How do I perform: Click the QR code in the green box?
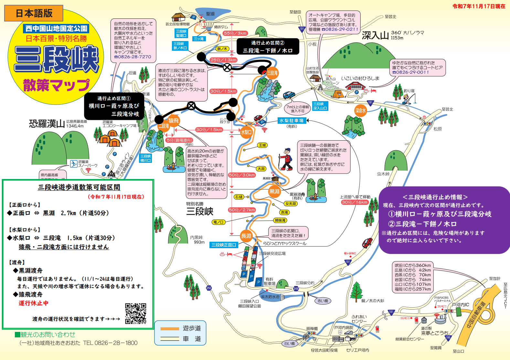pos(135,313)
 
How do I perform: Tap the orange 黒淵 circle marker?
pos(274,191)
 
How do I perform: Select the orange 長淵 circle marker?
pos(246,236)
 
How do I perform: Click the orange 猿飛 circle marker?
pos(174,121)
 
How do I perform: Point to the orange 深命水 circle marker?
pos(360,111)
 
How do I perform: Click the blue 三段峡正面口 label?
pos(224,245)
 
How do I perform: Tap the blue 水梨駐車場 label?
pos(292,121)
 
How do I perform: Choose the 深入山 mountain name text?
pos(375,35)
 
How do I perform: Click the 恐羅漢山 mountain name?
pos(47,124)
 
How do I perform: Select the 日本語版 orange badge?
pos(34,13)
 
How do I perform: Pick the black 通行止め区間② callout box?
pos(268,47)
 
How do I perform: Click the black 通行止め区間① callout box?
pos(114,106)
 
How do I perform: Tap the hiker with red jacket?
pos(286,159)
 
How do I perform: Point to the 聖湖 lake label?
pos(210,14)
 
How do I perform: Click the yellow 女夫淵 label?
pos(290,204)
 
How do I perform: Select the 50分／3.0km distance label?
pos(242,175)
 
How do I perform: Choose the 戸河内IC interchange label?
pos(460,305)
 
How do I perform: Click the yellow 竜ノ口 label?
pos(218,222)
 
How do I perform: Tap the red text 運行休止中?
pos(33,303)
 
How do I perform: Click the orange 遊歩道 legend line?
pos(170,329)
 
